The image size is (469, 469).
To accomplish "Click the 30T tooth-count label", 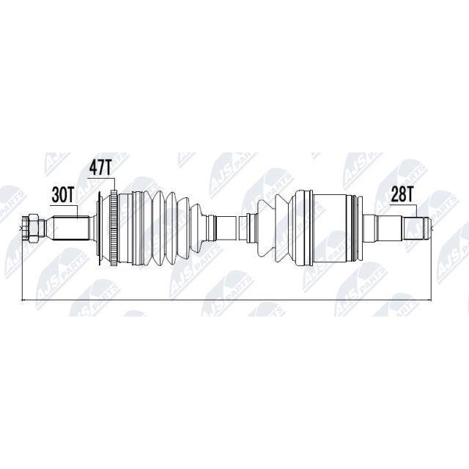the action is point(63,195).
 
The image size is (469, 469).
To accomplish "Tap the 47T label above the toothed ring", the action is point(100,168).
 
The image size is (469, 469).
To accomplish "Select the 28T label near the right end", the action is point(402,196).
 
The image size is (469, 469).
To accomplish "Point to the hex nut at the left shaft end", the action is point(31,229).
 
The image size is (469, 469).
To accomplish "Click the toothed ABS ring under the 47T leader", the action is point(114,228).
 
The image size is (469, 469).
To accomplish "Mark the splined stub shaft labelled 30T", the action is point(71,229).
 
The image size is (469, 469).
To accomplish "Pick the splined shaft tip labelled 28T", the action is point(416,228).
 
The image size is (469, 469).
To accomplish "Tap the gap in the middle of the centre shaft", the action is point(236,228).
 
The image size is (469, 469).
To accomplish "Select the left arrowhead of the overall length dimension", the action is point(24,300).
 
